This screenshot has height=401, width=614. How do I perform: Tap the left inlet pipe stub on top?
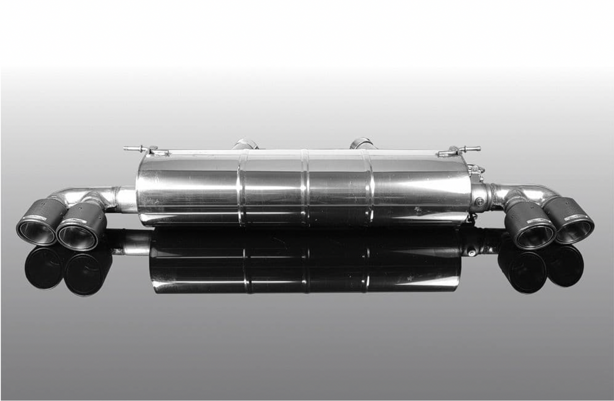245,144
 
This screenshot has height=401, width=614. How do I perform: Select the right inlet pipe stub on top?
363,144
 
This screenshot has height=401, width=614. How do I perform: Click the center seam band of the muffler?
305,187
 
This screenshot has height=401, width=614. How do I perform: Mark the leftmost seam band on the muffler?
242,187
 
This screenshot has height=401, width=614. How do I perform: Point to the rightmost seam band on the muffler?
368,187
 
